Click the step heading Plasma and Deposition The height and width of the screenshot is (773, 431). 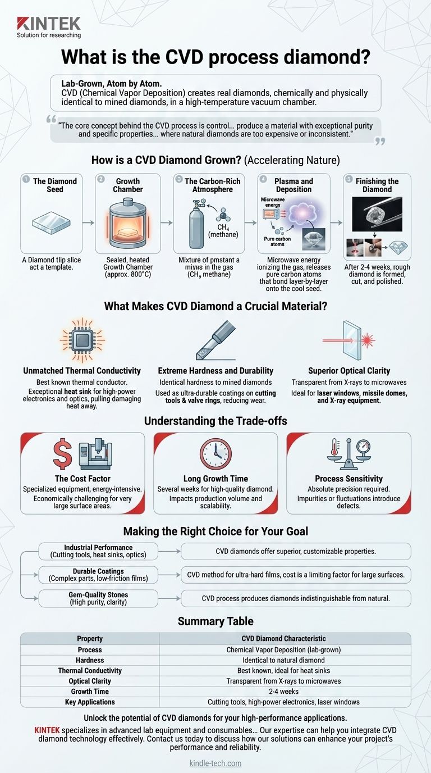294,185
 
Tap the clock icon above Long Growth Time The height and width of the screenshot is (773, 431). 215,454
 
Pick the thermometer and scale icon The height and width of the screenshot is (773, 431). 349,453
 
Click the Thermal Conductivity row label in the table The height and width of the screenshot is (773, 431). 90,671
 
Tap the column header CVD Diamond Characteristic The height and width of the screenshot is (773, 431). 285,639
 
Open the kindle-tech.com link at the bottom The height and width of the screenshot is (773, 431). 215,763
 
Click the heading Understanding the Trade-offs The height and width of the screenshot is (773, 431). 215,421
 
